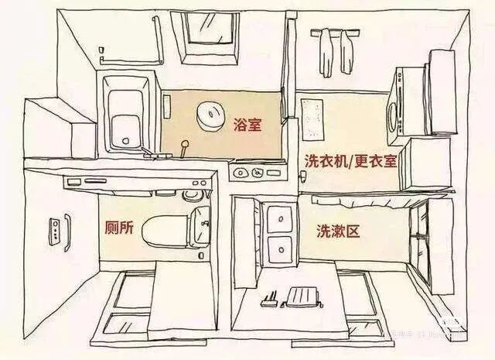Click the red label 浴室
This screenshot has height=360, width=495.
coord(246,124)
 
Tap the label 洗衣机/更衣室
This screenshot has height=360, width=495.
coord(350,161)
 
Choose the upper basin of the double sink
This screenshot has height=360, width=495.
coord(278,218)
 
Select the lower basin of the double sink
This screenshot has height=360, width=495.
coord(278,249)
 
